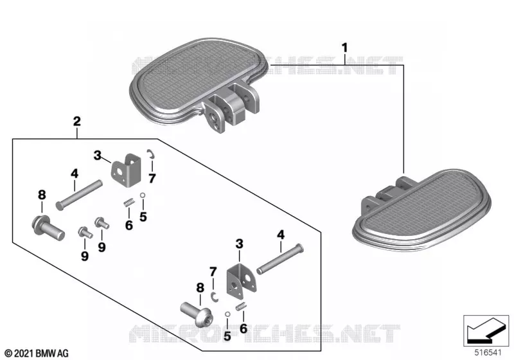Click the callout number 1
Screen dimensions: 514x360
(344, 48)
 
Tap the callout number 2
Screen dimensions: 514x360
(76, 122)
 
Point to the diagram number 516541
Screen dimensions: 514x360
(488, 352)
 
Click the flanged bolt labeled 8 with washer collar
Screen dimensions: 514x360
(48, 227)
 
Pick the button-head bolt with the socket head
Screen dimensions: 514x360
(197, 314)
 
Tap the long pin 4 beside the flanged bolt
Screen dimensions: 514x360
(79, 195)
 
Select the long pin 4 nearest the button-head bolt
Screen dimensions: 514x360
(280, 259)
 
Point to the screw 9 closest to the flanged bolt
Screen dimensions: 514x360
(85, 232)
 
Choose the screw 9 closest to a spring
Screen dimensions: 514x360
(102, 223)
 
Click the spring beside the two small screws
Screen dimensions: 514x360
(129, 203)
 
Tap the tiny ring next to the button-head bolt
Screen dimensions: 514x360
(227, 314)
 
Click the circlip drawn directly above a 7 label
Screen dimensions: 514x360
(152, 154)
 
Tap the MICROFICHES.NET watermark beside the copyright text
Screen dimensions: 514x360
(265, 334)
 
